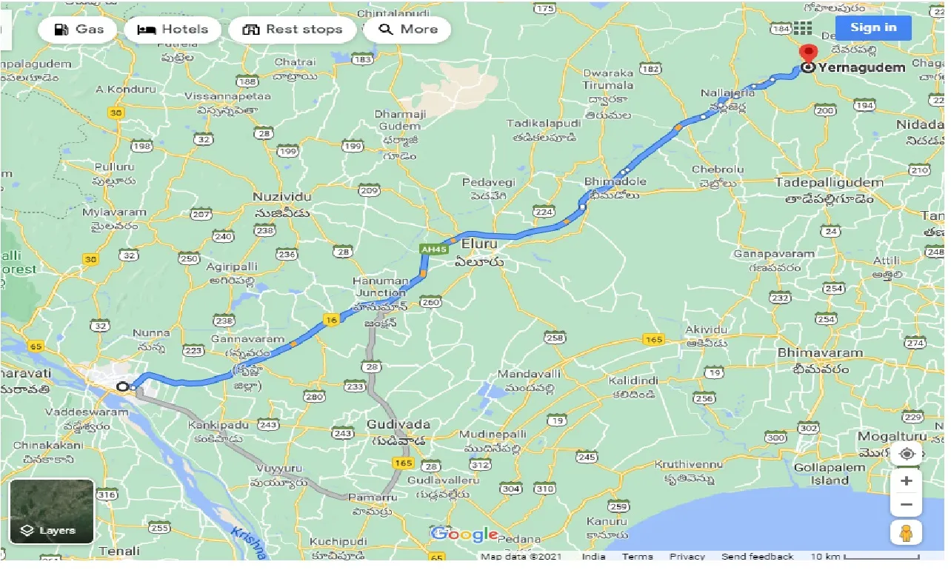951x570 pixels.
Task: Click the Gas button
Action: pos(77,30)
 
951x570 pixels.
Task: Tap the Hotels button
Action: pos(173,30)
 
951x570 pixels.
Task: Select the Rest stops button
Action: pos(293,30)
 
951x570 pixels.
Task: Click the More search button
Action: pos(407,30)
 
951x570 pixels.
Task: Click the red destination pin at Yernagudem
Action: pos(808,54)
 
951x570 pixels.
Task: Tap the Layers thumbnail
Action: pos(51,512)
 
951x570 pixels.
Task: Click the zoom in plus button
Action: pos(906,480)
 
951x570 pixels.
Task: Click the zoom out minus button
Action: pos(906,505)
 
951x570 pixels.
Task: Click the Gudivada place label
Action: pos(398,424)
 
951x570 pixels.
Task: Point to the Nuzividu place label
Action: pos(281,197)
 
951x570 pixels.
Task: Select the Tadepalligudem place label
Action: pos(829,182)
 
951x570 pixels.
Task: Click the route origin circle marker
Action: pos(123,386)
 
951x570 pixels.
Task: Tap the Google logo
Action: pos(464,534)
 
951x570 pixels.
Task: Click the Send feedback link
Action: pos(757,557)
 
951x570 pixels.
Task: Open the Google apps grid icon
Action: pos(803,28)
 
